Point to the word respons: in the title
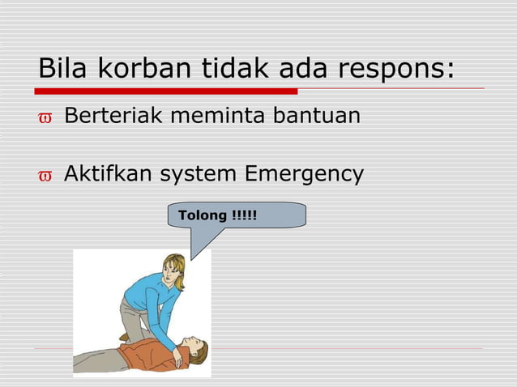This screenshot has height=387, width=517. [x=396, y=70]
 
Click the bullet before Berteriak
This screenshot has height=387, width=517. [x=45, y=118]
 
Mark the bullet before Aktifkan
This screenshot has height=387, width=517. [x=45, y=176]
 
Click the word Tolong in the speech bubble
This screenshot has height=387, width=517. [x=203, y=215]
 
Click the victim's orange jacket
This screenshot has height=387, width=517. [x=142, y=354]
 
